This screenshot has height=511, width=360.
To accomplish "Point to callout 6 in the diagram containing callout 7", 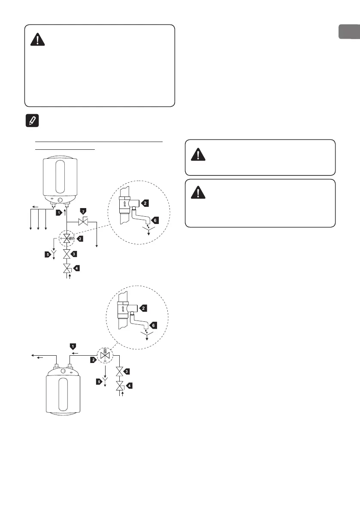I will [156, 220].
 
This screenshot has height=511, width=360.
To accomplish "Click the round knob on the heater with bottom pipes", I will [60, 200].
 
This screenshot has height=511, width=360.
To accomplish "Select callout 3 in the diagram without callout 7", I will [126, 371].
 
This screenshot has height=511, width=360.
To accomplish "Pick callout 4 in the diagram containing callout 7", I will [76, 269].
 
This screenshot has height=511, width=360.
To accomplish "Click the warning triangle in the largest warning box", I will [38, 40].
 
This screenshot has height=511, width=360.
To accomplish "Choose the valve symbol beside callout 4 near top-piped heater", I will [119, 385].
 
